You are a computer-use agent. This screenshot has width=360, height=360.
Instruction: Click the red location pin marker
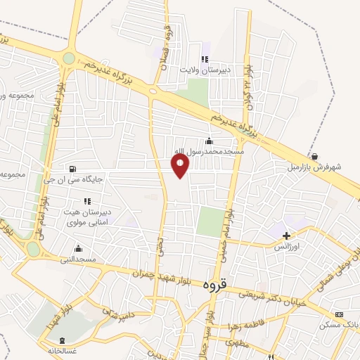181,165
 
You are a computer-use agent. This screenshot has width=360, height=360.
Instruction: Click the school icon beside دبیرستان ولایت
205,59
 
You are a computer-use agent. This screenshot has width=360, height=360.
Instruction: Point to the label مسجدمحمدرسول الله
210,152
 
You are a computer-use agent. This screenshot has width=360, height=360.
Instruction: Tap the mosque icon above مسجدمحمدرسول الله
209,141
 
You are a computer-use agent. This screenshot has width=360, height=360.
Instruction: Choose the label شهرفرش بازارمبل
314,167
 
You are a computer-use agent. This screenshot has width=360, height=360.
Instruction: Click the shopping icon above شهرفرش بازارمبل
314,157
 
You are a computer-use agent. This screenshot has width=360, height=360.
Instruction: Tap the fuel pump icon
72,168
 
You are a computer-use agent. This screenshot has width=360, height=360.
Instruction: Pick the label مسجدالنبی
77,259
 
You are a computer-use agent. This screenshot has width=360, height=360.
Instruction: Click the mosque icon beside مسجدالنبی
77,248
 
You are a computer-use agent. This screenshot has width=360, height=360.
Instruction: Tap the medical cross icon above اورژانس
286,234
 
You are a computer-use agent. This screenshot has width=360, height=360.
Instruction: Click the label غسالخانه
61,349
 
